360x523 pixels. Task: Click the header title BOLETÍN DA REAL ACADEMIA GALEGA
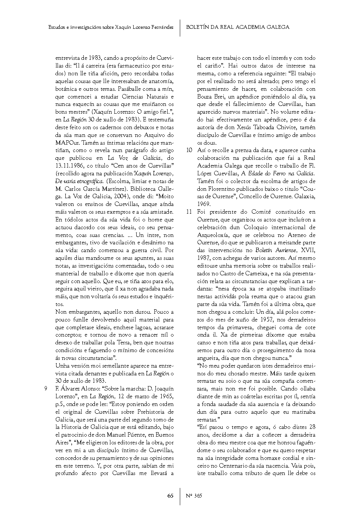tap(237, 27)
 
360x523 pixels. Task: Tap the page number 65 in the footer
tap(170, 496)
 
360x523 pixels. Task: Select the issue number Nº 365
tap(194, 496)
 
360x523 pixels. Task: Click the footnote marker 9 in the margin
tap(45, 389)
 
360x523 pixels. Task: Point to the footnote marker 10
tap(189, 150)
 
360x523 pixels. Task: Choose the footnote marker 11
tap(189, 212)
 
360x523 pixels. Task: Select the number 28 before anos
tap(312, 427)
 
